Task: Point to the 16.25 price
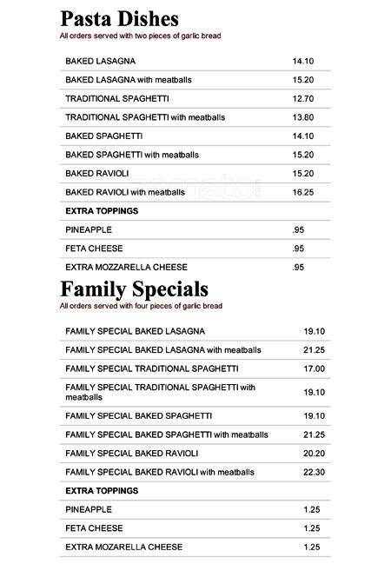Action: click(x=302, y=192)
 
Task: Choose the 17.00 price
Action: click(x=314, y=368)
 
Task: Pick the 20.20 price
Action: click(x=314, y=454)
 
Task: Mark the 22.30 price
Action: click(x=314, y=473)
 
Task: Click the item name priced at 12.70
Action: click(x=116, y=98)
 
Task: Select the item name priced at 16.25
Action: click(x=125, y=192)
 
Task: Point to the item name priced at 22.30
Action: click(x=160, y=473)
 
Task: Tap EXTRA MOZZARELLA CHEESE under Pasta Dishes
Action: click(x=126, y=267)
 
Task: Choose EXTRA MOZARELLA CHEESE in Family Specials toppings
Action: click(x=123, y=547)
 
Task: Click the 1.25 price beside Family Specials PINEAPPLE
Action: click(x=311, y=509)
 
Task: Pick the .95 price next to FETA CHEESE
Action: click(x=298, y=249)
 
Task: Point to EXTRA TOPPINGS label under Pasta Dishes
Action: click(x=102, y=211)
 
